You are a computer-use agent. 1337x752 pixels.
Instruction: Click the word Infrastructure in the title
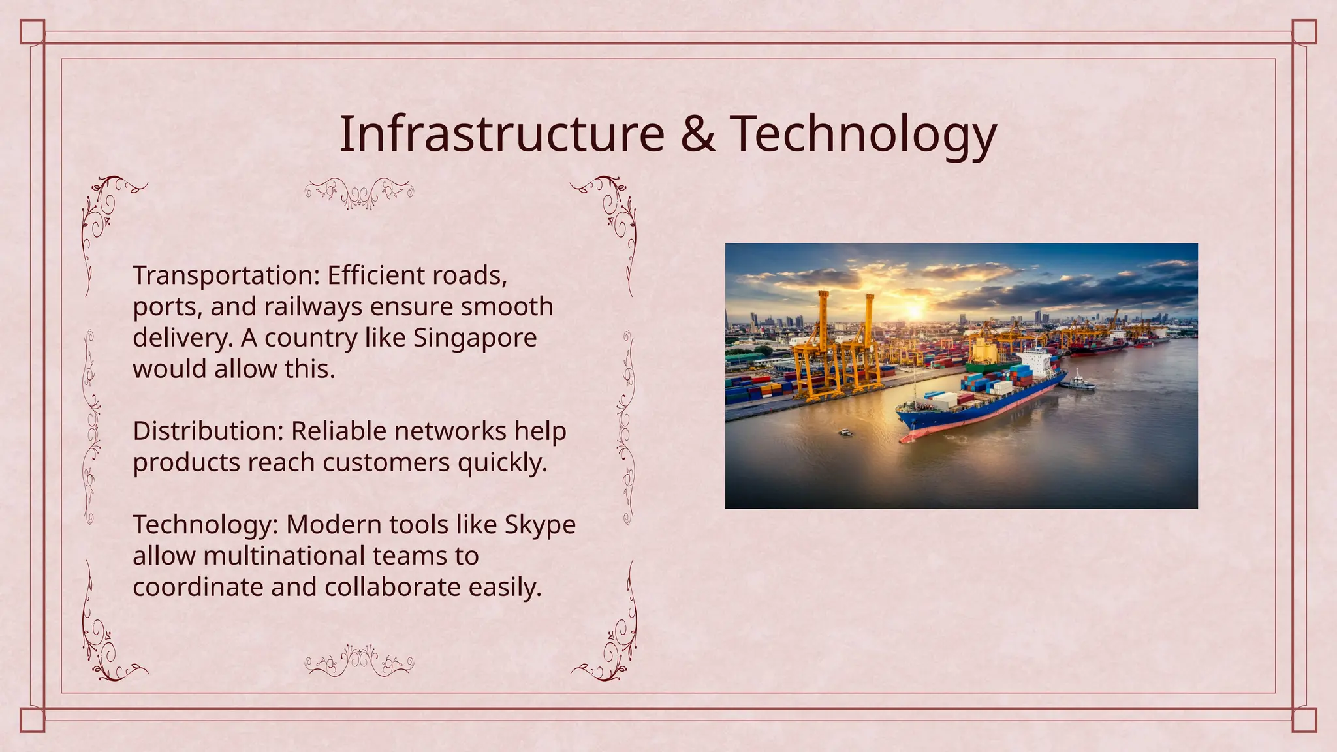tap(501, 134)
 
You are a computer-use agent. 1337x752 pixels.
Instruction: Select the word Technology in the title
tap(863, 135)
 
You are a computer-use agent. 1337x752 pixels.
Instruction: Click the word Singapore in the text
tap(475, 338)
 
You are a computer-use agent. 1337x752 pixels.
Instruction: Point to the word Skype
tap(540, 525)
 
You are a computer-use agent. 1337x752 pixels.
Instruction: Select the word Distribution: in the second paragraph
tap(208, 431)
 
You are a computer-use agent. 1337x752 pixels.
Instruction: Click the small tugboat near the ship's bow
tap(1078, 383)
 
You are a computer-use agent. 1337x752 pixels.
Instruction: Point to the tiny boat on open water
tap(845, 432)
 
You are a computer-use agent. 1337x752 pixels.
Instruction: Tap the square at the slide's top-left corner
tap(32, 31)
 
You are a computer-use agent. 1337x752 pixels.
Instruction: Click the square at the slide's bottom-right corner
tap(1304, 721)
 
